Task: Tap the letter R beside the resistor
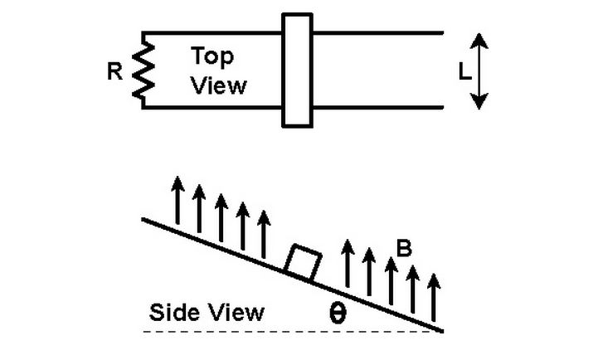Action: [x=115, y=72]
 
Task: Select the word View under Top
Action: [x=219, y=85]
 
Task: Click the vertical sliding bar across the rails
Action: [x=297, y=70]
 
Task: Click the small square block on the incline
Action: [x=301, y=263]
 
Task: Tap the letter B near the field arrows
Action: [x=405, y=248]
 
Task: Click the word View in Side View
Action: [x=236, y=313]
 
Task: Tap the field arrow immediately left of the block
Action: [x=264, y=233]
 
